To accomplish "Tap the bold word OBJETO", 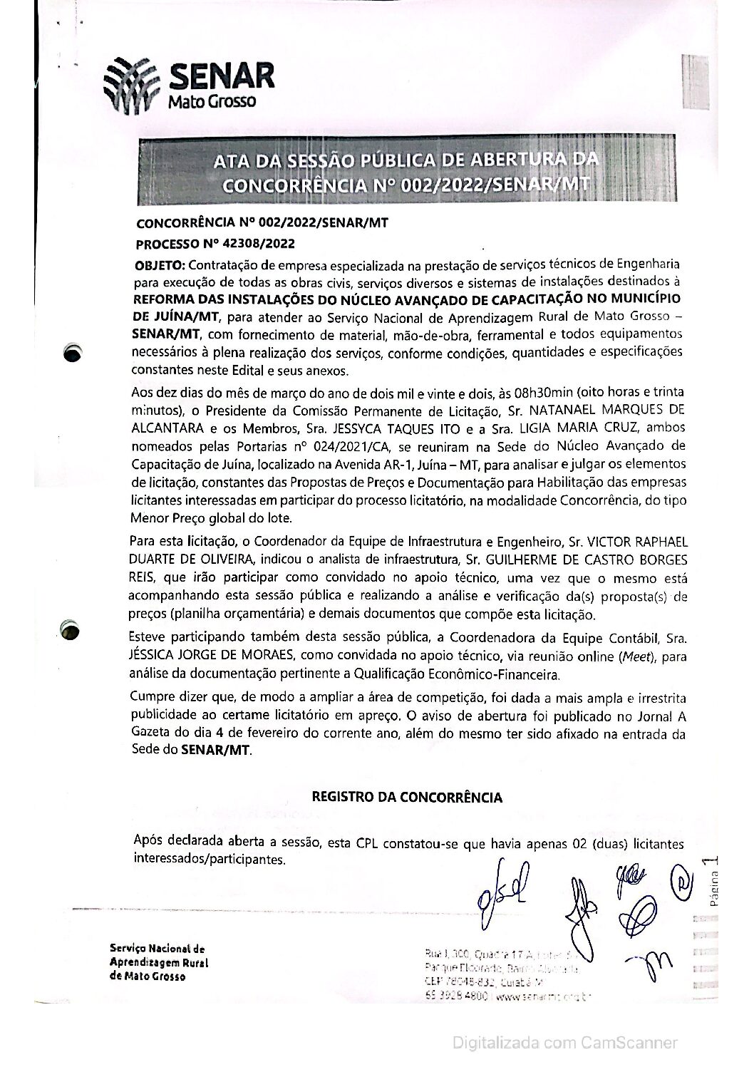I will click(160, 266).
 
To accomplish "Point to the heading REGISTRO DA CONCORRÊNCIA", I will click(407, 797).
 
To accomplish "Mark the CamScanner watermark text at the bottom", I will click(566, 1043).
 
